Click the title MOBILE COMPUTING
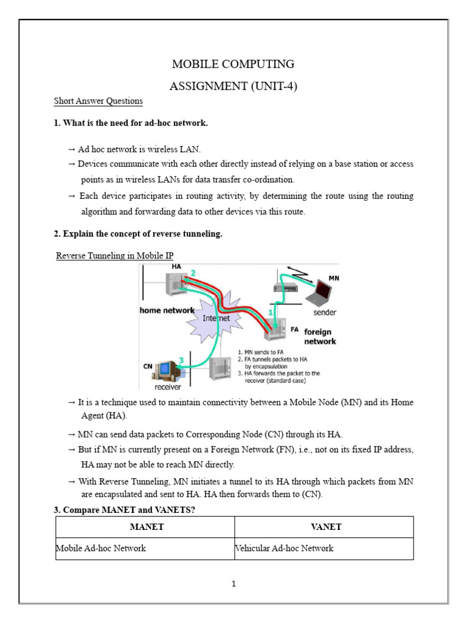pos(233,64)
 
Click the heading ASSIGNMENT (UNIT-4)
pos(233,86)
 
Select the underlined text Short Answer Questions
pos(98,101)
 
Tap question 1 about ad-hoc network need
pos(131,124)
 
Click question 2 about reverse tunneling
pos(138,234)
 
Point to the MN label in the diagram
pos(333,277)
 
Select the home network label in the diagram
pos(167,310)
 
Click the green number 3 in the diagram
pos(181,361)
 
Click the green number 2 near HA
pos(193,273)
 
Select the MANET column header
pos(145,527)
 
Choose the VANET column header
pos(323,527)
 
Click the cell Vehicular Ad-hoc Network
pos(285,548)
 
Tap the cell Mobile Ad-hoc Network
pos(101,548)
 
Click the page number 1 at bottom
pos(233,585)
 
